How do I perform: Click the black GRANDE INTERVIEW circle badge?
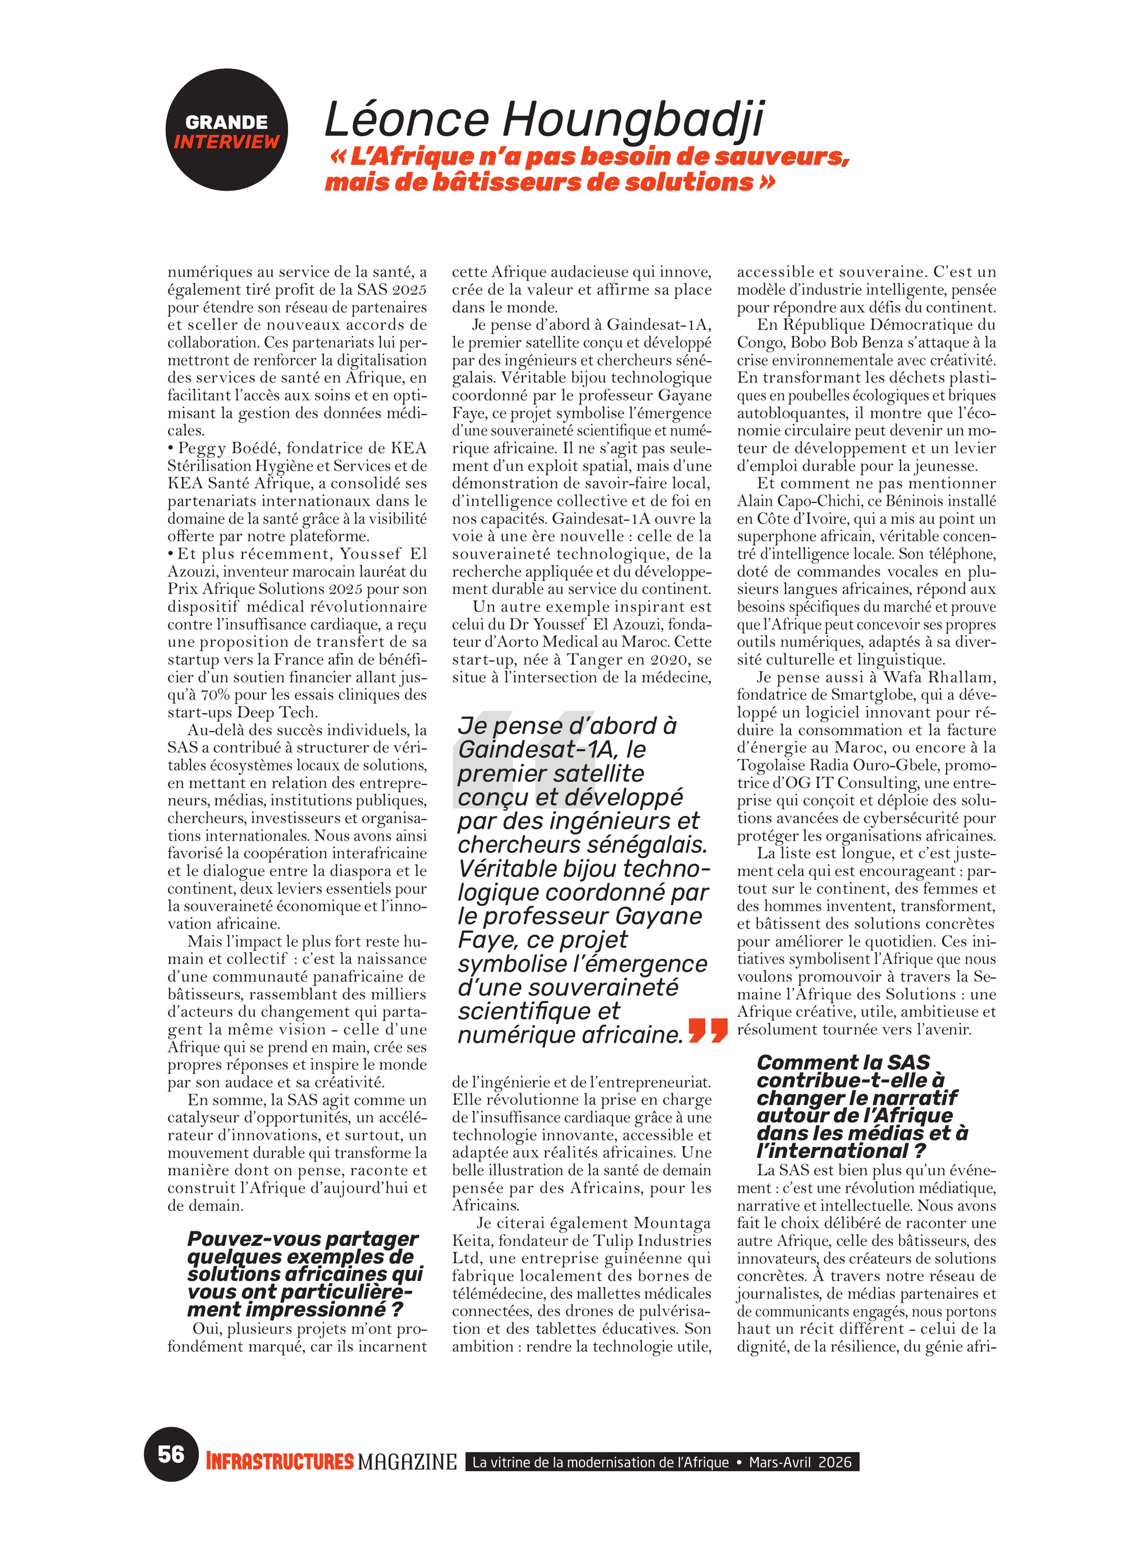226,130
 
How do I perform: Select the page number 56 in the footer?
171,1454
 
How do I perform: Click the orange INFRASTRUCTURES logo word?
280,1462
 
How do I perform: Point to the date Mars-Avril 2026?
800,1462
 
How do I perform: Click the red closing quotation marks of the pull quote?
707,1030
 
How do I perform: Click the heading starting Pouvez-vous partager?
303,1239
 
